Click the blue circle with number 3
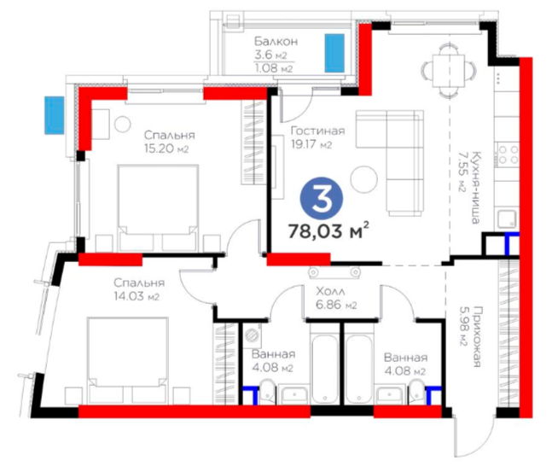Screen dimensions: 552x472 [322, 200]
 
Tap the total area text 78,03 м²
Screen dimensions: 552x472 [328, 230]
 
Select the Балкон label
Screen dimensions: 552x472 [276, 42]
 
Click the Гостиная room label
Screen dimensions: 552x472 [317, 131]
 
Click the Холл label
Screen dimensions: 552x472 [330, 291]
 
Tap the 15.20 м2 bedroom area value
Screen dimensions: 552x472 [166, 149]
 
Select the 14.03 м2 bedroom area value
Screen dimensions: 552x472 [137, 296]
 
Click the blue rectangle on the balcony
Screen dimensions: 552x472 [334, 53]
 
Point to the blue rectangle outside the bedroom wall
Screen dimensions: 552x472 [55, 115]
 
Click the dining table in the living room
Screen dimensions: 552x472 [449, 70]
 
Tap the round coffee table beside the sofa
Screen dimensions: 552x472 [364, 179]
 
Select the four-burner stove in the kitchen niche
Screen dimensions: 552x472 [508, 154]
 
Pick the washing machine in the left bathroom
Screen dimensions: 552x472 [253, 335]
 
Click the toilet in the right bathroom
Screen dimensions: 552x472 [418, 391]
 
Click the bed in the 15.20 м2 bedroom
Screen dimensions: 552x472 [158, 207]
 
